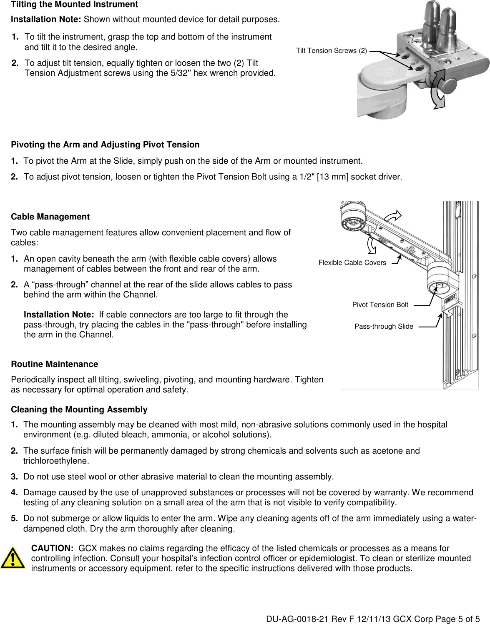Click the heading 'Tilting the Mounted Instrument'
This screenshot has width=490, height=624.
tap(74, 5)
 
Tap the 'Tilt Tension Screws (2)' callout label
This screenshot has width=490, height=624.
tap(332, 51)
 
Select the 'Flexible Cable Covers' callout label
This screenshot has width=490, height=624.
tap(352, 262)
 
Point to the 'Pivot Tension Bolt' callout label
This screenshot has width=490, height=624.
tap(380, 305)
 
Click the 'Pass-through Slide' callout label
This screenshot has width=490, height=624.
tap(384, 326)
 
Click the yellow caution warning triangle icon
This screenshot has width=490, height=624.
tap(13, 558)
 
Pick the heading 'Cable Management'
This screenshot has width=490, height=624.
tap(50, 217)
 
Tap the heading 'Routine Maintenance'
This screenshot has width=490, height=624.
tap(54, 364)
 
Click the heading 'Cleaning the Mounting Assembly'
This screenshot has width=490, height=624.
tap(79, 409)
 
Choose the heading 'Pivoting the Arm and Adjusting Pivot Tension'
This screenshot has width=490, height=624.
tap(105, 145)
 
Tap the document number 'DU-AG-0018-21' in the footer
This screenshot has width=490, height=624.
tap(291, 619)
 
